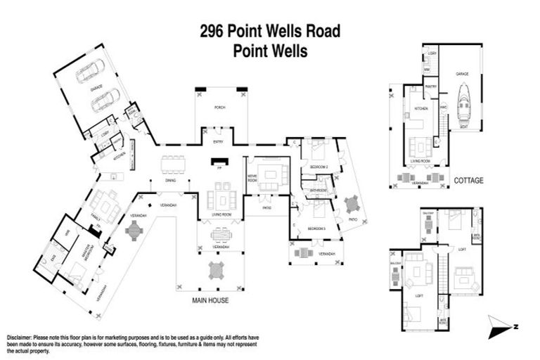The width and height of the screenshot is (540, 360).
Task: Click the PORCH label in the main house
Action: [x=219, y=108]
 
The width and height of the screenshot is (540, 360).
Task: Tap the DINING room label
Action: [x=171, y=181]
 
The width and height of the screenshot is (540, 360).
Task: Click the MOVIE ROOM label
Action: [x=251, y=178]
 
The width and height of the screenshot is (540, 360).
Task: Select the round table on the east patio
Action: [x=351, y=205]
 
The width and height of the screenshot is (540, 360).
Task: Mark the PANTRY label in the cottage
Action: [x=432, y=86]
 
